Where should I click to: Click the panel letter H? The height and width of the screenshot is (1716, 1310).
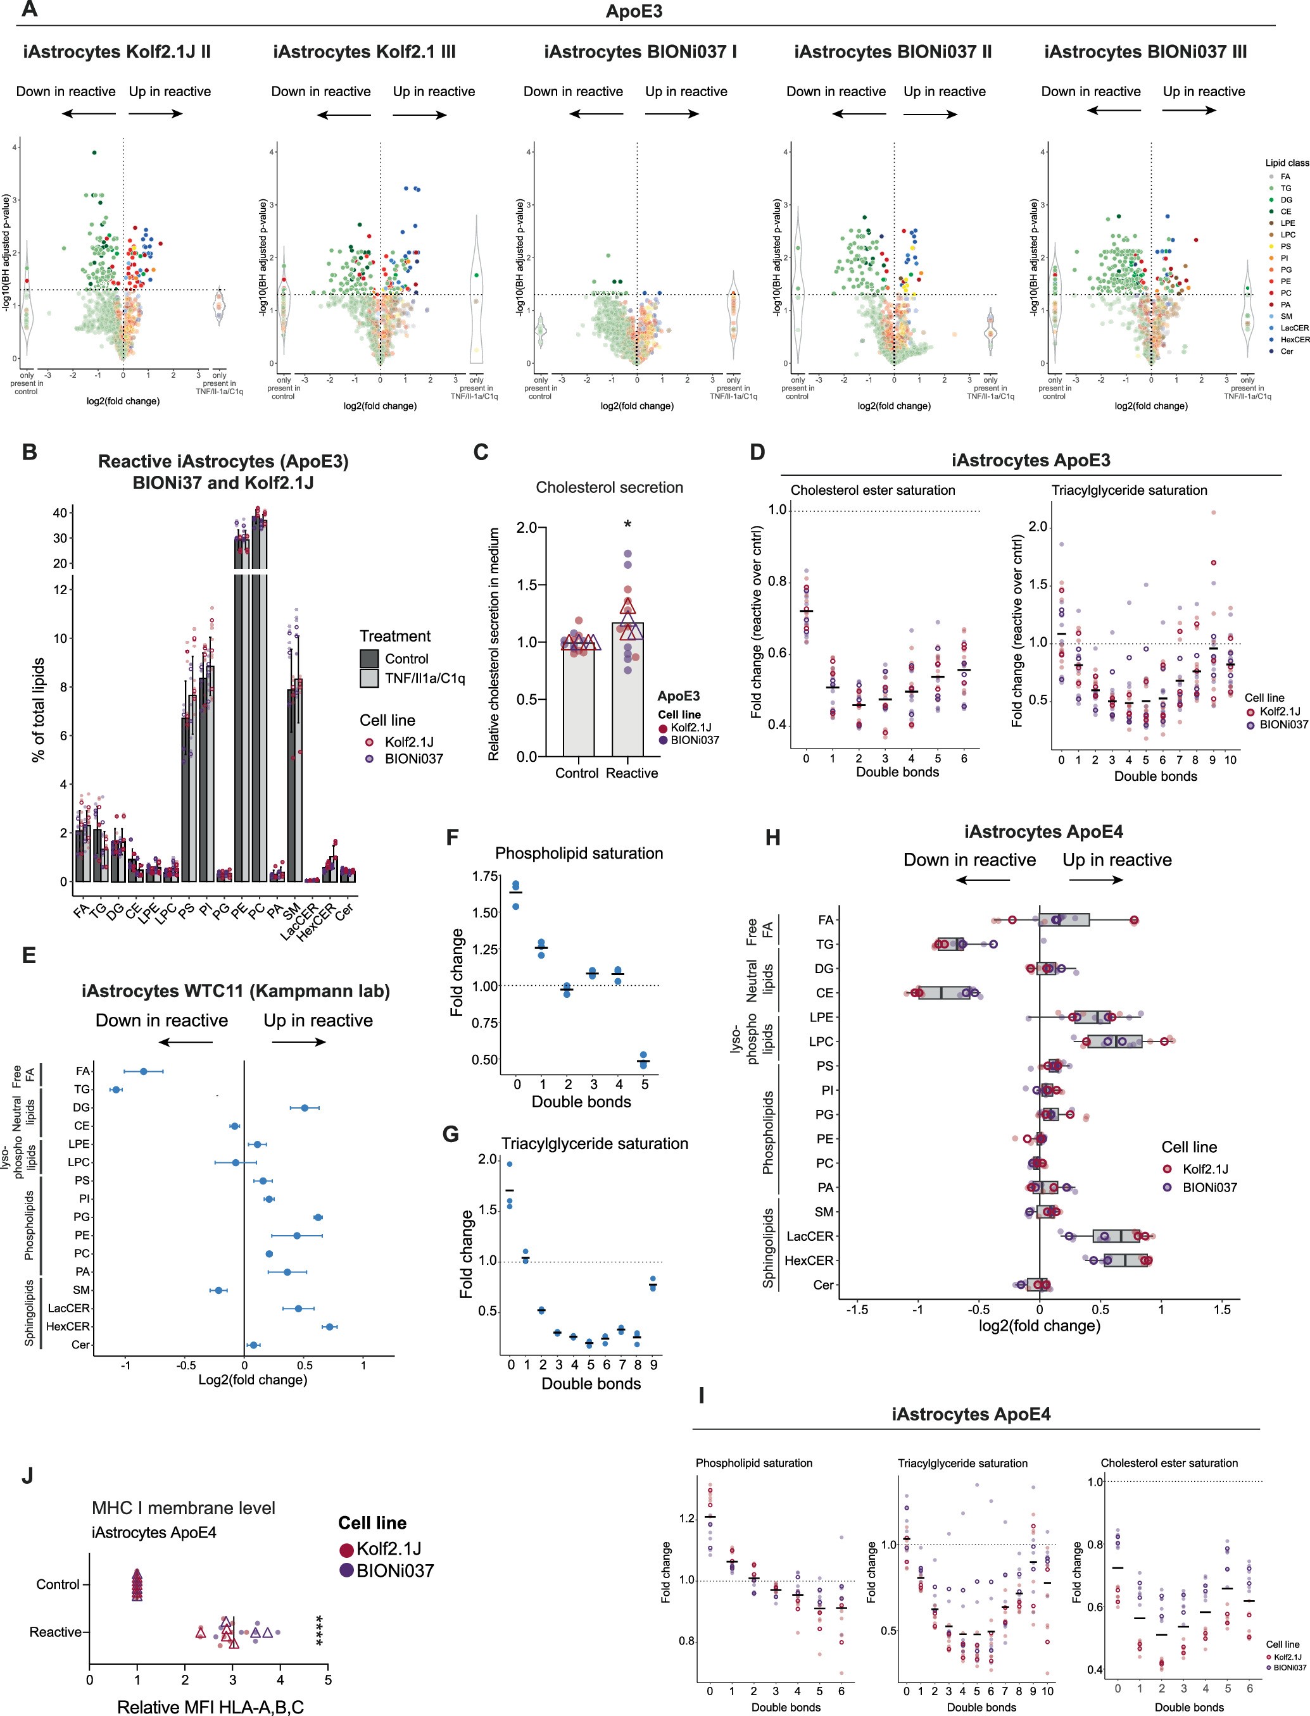pyautogui.click(x=772, y=838)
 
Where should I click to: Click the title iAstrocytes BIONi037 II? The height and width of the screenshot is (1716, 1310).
pyautogui.click(x=893, y=53)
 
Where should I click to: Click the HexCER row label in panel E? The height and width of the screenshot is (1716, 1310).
pyautogui.click(x=68, y=1326)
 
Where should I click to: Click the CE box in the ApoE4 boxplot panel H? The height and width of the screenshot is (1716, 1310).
pyautogui.click(x=943, y=993)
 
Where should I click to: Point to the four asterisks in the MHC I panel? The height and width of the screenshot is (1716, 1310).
pyautogui.click(x=320, y=1631)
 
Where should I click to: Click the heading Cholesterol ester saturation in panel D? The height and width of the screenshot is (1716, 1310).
pyautogui.click(x=872, y=490)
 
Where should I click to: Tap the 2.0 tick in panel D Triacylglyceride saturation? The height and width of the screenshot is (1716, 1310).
pyautogui.click(x=1037, y=527)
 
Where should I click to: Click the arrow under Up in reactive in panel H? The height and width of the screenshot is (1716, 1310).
pyautogui.click(x=1095, y=880)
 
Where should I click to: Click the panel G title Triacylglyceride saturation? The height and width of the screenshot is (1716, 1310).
pyautogui.click(x=594, y=1143)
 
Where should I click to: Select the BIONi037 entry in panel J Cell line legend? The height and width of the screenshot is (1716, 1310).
pyautogui.click(x=394, y=1570)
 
